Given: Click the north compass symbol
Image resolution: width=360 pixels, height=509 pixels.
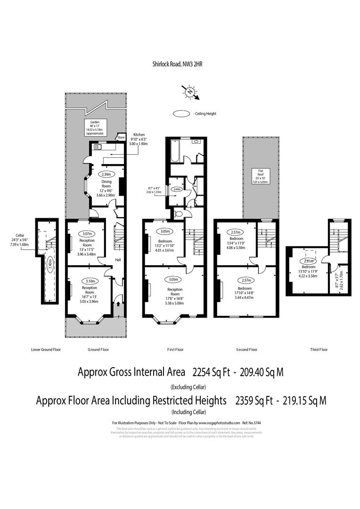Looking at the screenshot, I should (190, 91).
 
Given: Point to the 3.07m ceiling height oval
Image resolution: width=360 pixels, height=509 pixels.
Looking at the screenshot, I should (87, 234).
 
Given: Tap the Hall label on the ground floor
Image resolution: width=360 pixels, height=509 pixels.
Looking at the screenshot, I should (118, 260).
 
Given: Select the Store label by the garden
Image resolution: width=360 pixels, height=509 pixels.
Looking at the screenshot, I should (121, 137).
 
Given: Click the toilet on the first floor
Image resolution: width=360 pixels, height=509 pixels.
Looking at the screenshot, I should (177, 214).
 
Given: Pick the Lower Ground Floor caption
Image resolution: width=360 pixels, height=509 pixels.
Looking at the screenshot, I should (46, 350).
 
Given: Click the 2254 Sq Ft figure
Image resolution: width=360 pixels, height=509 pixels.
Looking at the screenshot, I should (211, 372).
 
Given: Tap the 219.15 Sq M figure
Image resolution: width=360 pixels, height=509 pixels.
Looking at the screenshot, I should (301, 401).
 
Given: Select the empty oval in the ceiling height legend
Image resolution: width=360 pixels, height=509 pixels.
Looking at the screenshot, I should (181, 114).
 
